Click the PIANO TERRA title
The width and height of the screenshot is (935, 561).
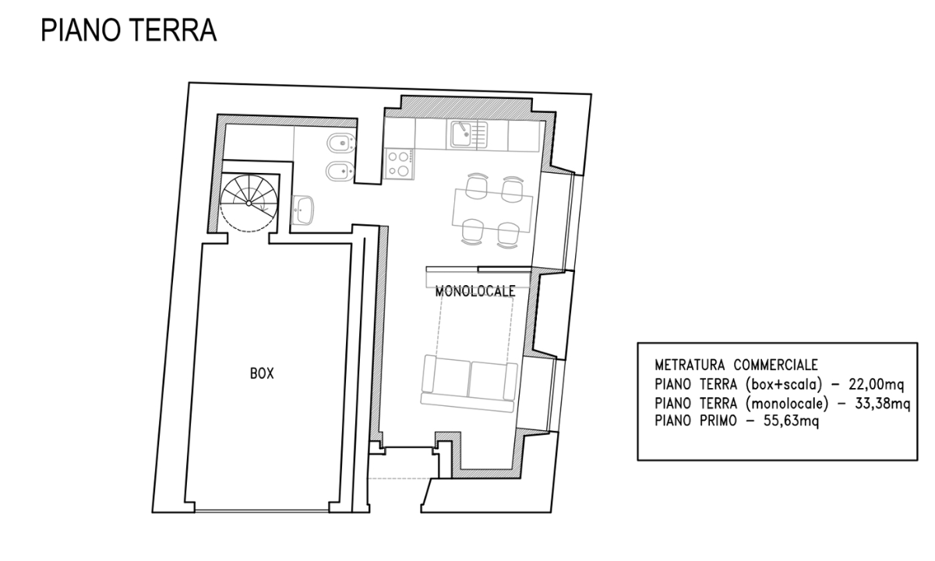129,30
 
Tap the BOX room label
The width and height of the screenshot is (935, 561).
262,373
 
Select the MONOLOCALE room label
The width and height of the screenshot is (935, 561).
475,291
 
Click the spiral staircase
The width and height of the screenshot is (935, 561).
249,203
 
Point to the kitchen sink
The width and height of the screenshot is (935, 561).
467,135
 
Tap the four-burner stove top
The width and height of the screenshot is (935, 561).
400,164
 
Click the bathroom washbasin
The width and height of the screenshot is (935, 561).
302,210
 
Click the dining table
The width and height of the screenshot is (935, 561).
492,210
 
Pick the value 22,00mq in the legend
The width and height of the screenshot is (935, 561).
876,384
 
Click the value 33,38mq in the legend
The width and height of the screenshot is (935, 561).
882,404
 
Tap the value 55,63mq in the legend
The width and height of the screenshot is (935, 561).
791,421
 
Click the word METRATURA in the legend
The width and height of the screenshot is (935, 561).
690,365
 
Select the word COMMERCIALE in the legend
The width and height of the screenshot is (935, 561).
775,365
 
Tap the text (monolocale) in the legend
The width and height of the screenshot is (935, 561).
787,404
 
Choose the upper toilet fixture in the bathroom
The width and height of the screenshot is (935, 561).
341,144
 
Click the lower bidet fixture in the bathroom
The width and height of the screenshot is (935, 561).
340,171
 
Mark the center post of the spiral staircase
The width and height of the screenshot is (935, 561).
249,203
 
